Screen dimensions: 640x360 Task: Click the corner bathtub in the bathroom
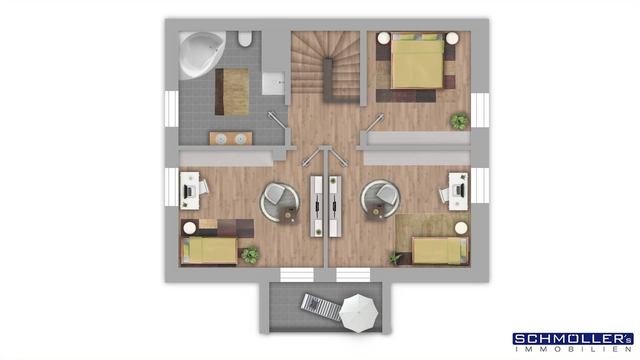pos(200,54)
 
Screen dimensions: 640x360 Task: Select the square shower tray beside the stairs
pos(274,83)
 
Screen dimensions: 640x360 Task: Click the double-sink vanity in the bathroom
pos(231,139)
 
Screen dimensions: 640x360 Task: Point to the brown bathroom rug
pos(232,92)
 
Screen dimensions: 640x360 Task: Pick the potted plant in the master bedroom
pos(459,121)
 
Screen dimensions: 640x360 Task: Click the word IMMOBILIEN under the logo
pos(573,349)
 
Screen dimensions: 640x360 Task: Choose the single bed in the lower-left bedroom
pos(209,250)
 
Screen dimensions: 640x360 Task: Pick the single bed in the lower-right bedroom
pos(440,251)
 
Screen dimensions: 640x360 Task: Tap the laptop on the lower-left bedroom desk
pos(189,192)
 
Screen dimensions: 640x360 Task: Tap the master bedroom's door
pos(375,122)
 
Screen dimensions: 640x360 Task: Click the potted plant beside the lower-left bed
pos(250,255)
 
